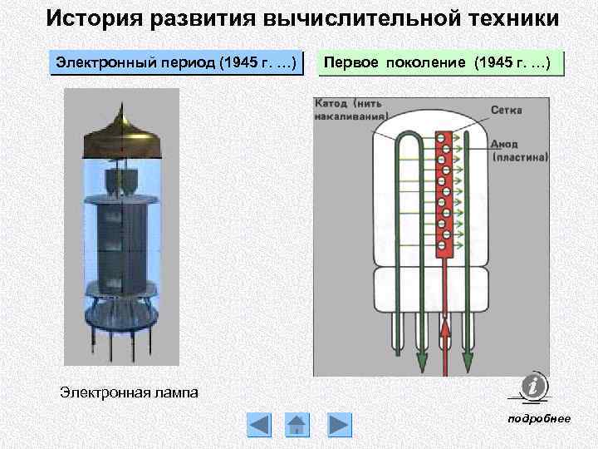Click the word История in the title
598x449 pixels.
(90, 18)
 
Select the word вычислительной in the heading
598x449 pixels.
(360, 18)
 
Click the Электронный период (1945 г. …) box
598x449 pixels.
(176, 64)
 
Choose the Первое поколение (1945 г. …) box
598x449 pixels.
(441, 64)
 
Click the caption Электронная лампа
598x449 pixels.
(129, 392)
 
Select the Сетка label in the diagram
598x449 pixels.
(506, 110)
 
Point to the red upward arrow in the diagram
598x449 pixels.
(445, 341)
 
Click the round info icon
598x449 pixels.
(532, 386)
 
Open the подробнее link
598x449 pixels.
(539, 418)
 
